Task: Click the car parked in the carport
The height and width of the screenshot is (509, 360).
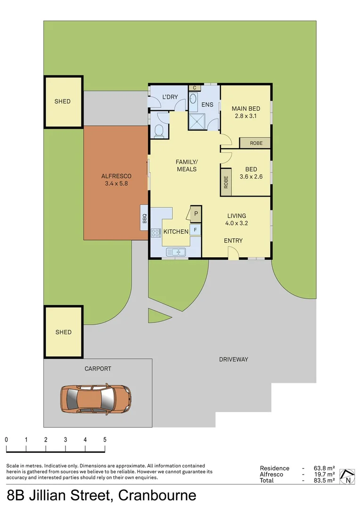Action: coord(96,398)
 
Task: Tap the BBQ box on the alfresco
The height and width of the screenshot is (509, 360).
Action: coord(145,218)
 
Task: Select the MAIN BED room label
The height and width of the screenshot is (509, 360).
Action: coord(246,109)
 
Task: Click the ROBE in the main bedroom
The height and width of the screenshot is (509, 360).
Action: coord(255,143)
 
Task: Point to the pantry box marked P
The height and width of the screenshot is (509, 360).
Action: coord(196,213)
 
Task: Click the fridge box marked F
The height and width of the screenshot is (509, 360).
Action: coord(196,230)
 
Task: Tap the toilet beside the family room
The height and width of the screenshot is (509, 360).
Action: coord(159,131)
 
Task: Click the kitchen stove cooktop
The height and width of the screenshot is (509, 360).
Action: coord(155,232)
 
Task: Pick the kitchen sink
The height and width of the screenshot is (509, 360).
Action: coord(176,252)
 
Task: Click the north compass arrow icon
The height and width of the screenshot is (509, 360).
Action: coord(348,476)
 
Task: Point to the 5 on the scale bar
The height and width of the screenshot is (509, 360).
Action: coord(105,439)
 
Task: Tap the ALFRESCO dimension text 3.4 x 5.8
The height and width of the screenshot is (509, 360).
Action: coord(116,184)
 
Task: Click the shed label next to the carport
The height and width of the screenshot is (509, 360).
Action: coord(63,332)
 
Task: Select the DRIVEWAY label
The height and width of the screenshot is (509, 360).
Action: coord(233,359)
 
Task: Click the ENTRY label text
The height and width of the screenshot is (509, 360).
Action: coord(233,240)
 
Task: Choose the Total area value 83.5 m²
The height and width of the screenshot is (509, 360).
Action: coord(324,480)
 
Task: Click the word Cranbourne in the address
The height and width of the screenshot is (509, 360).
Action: coord(157,496)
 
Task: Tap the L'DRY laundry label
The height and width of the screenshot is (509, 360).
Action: coord(170,98)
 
